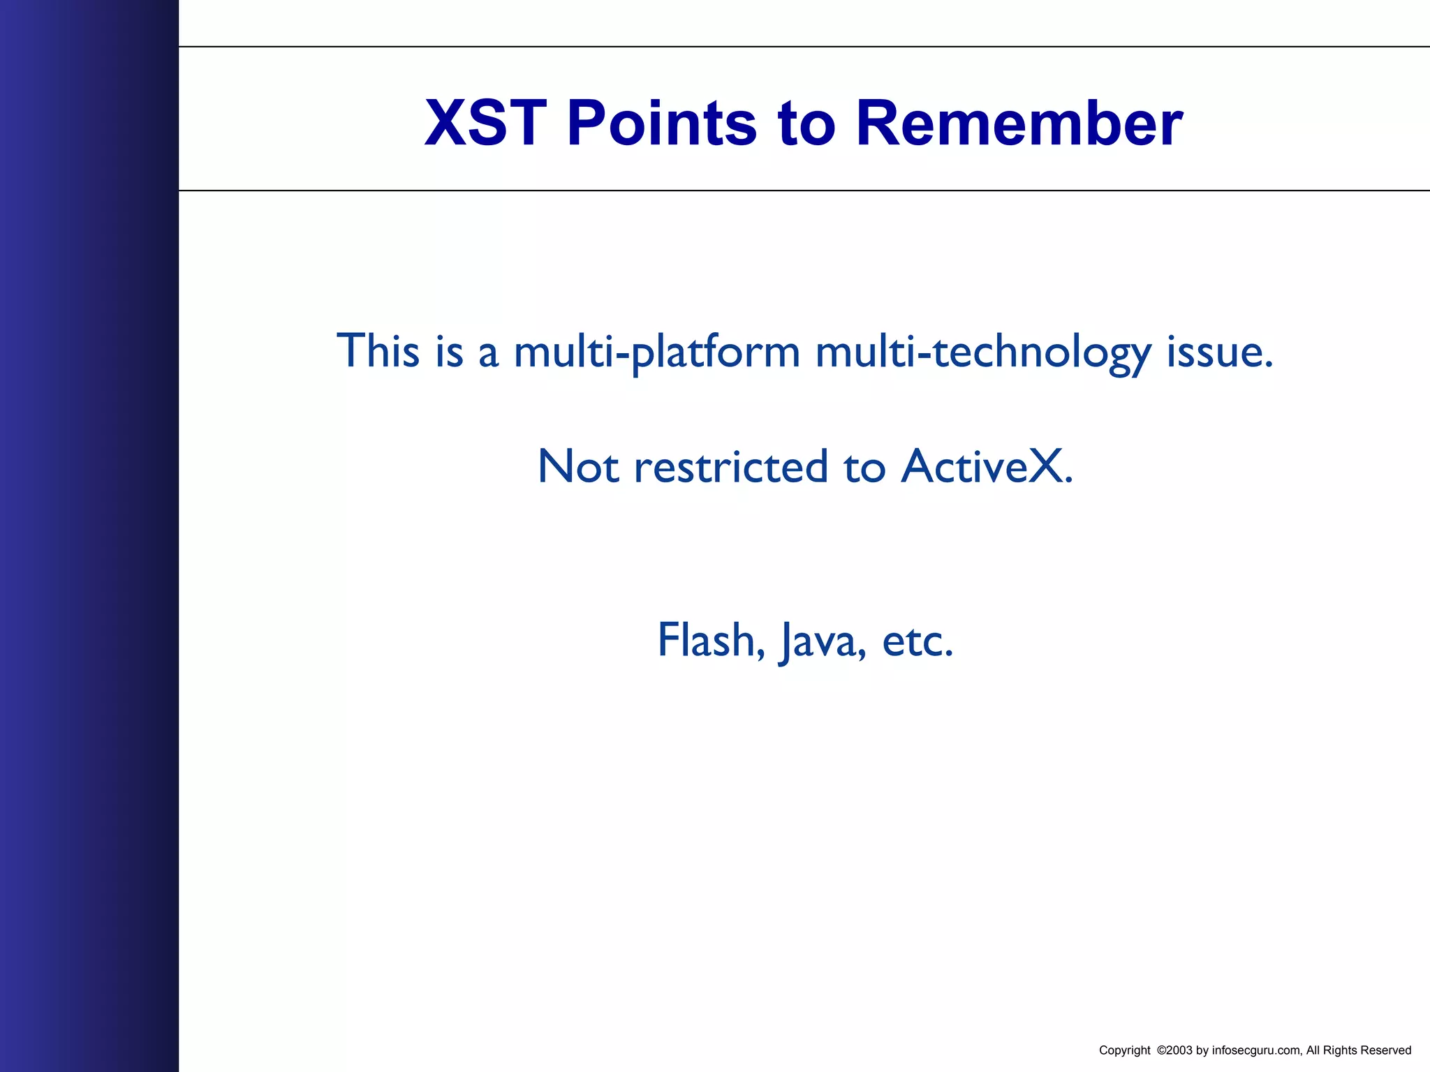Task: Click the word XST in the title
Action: click(485, 124)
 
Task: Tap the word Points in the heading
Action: click(661, 124)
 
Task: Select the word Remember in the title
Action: click(1019, 124)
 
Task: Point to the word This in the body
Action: click(378, 350)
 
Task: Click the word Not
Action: click(578, 466)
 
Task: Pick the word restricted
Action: click(730, 466)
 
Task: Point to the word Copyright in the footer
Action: click(1124, 1050)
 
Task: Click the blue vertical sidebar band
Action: click(89, 536)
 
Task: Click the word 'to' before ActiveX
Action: click(864, 466)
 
